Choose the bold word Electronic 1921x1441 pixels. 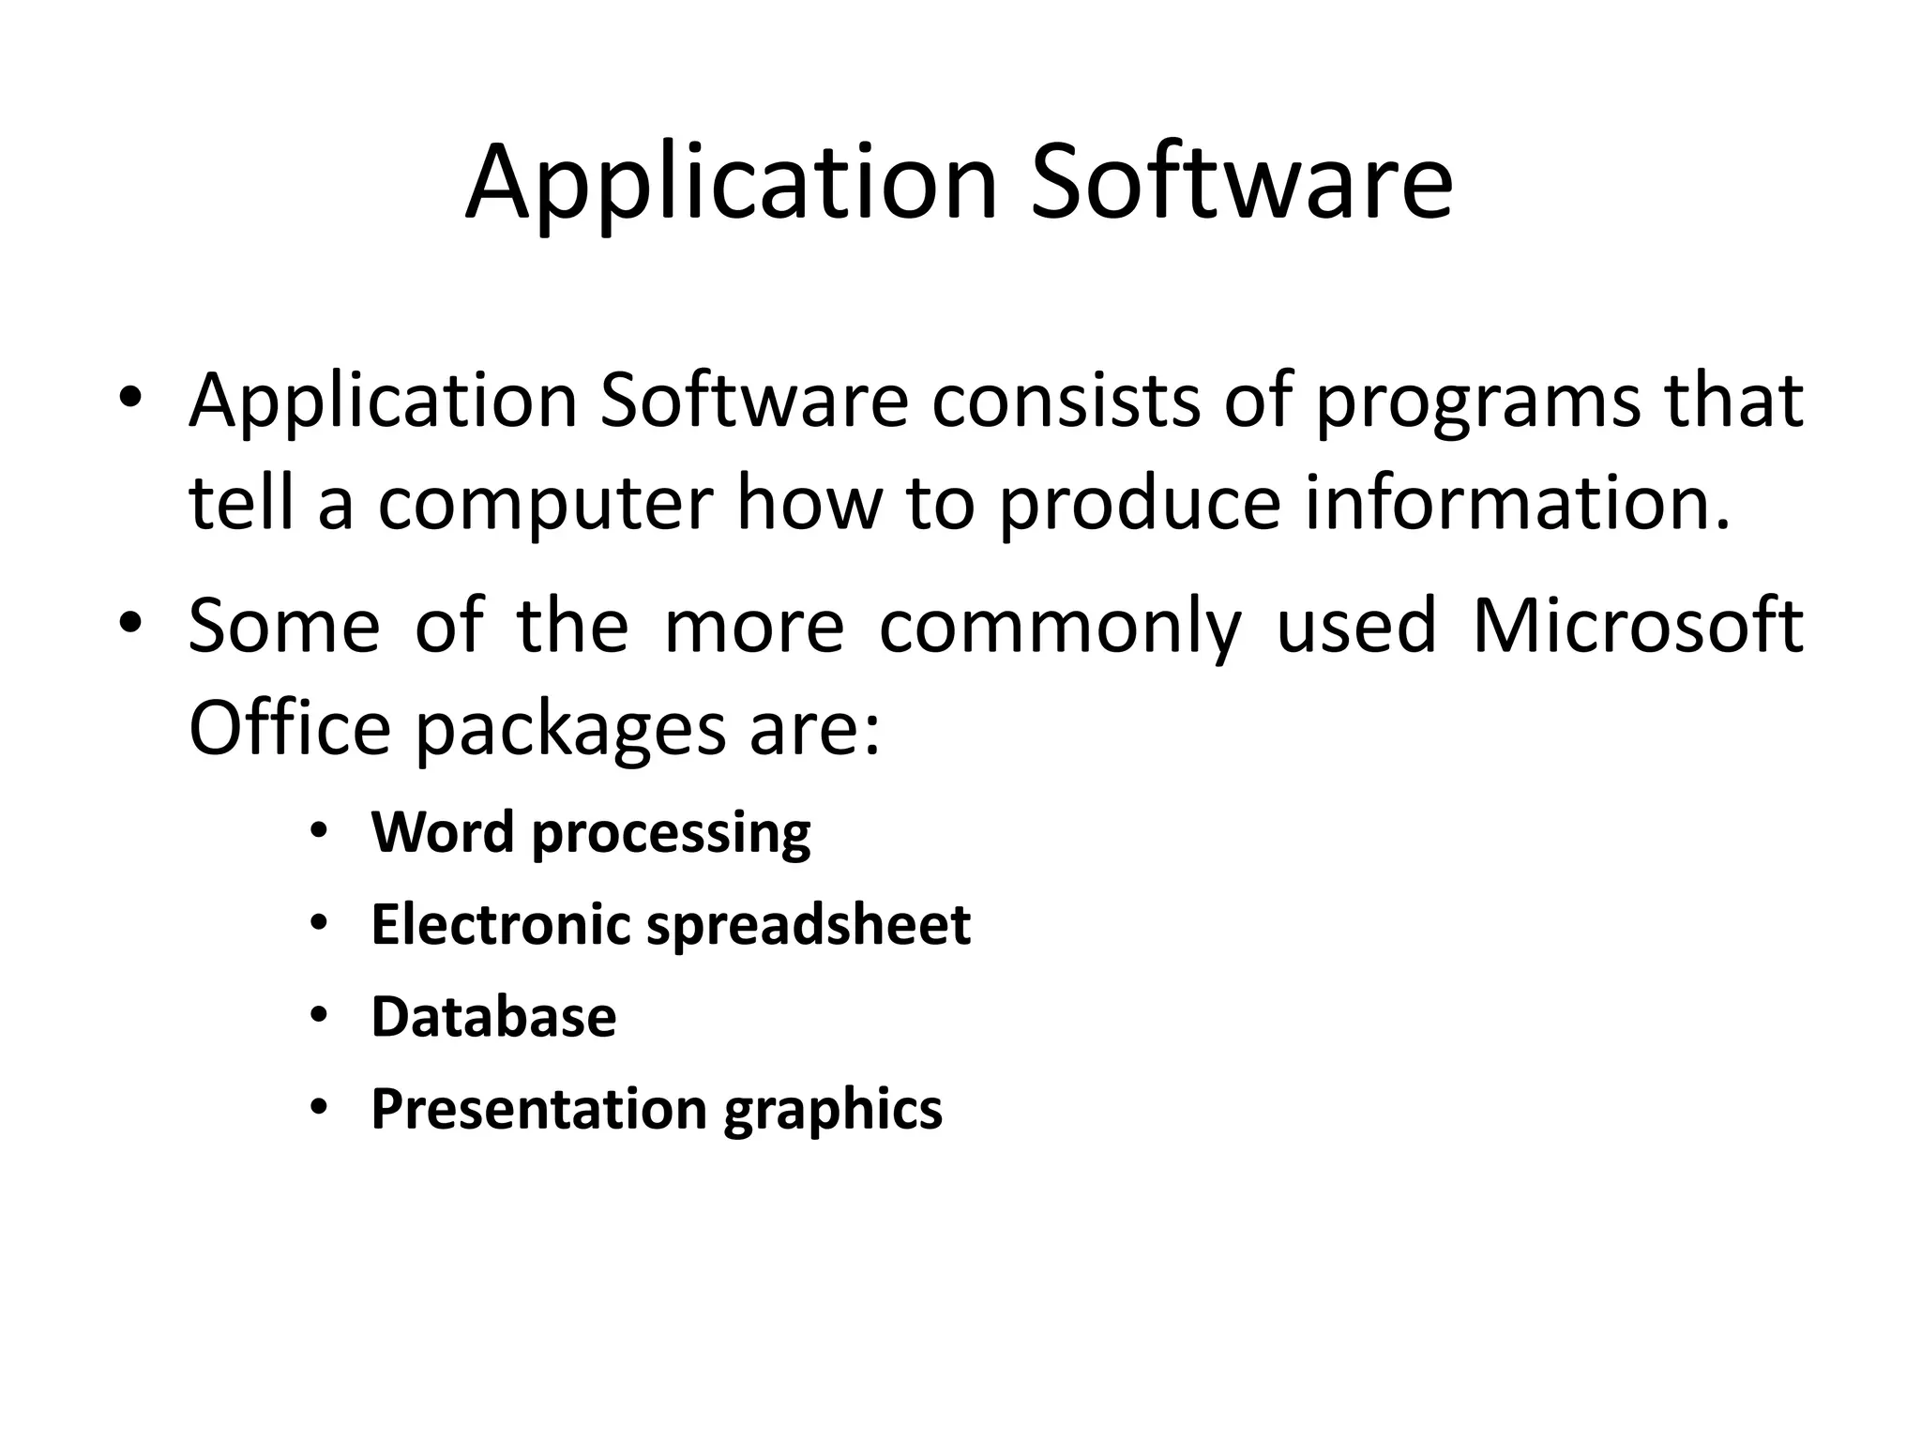(501, 925)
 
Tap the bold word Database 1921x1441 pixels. (493, 1017)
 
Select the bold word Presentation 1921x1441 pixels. (538, 1110)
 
